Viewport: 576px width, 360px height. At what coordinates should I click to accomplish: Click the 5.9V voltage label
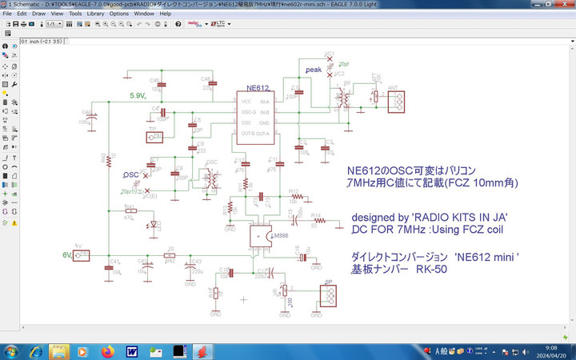point(138,96)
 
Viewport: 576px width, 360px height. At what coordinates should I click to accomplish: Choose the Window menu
point(144,14)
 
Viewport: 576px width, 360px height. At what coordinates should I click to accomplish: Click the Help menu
point(165,14)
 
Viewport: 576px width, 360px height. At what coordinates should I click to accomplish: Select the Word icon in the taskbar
point(131,351)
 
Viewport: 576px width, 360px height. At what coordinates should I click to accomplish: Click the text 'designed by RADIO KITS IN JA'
point(430,218)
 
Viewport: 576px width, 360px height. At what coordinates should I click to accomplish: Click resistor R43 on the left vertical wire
point(108,162)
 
